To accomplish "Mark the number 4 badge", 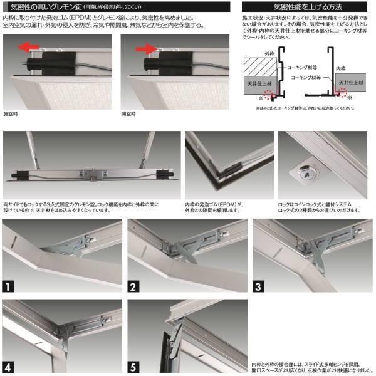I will click(x=9, y=367).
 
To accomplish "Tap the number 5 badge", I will click(x=134, y=367).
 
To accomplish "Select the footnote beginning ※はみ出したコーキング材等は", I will click(x=301, y=108).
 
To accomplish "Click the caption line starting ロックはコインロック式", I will click(x=316, y=204).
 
